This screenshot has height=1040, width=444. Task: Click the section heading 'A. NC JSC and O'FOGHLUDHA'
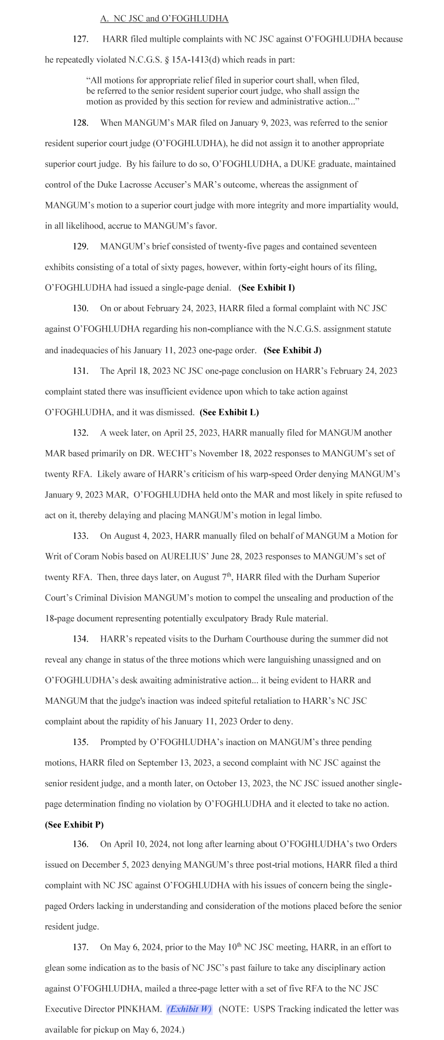point(164,19)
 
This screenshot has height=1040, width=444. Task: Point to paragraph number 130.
point(80,308)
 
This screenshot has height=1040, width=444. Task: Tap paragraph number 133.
point(80,536)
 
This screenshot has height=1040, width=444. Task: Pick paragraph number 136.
point(80,844)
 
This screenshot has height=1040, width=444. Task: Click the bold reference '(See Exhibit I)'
point(266,288)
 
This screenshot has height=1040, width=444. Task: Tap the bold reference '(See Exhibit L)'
point(229,412)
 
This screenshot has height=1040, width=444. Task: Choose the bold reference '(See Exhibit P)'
point(74,825)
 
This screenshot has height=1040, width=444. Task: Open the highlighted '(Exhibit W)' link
point(189,1009)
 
